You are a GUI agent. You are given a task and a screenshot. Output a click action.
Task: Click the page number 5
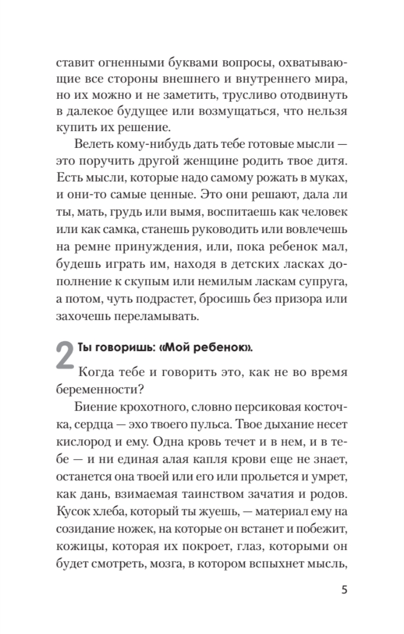(x=344, y=590)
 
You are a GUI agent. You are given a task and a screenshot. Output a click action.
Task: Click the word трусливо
(x=254, y=96)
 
